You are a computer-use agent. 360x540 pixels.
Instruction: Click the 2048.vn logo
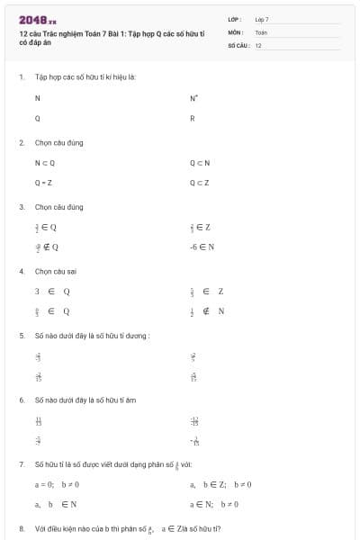[37, 18]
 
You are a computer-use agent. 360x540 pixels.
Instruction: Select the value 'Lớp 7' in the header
[262, 18]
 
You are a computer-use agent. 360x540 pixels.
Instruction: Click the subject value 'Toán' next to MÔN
[261, 31]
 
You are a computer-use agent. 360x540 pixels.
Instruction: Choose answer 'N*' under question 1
[193, 97]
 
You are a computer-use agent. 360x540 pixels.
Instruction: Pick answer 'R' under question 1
[193, 119]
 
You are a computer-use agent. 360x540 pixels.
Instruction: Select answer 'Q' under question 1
[38, 119]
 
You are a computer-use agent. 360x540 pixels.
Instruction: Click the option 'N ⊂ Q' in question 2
[45, 163]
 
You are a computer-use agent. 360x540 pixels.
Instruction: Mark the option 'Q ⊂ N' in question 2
[200, 163]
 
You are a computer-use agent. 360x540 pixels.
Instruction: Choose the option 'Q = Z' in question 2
[43, 183]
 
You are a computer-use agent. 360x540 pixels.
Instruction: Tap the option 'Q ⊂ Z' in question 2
[200, 183]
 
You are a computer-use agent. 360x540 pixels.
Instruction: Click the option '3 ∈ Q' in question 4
[52, 292]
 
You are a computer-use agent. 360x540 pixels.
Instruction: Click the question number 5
[21, 335]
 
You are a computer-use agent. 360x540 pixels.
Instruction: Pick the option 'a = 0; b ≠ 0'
[57, 484]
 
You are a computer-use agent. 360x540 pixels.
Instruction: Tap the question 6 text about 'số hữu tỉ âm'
[85, 399]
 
